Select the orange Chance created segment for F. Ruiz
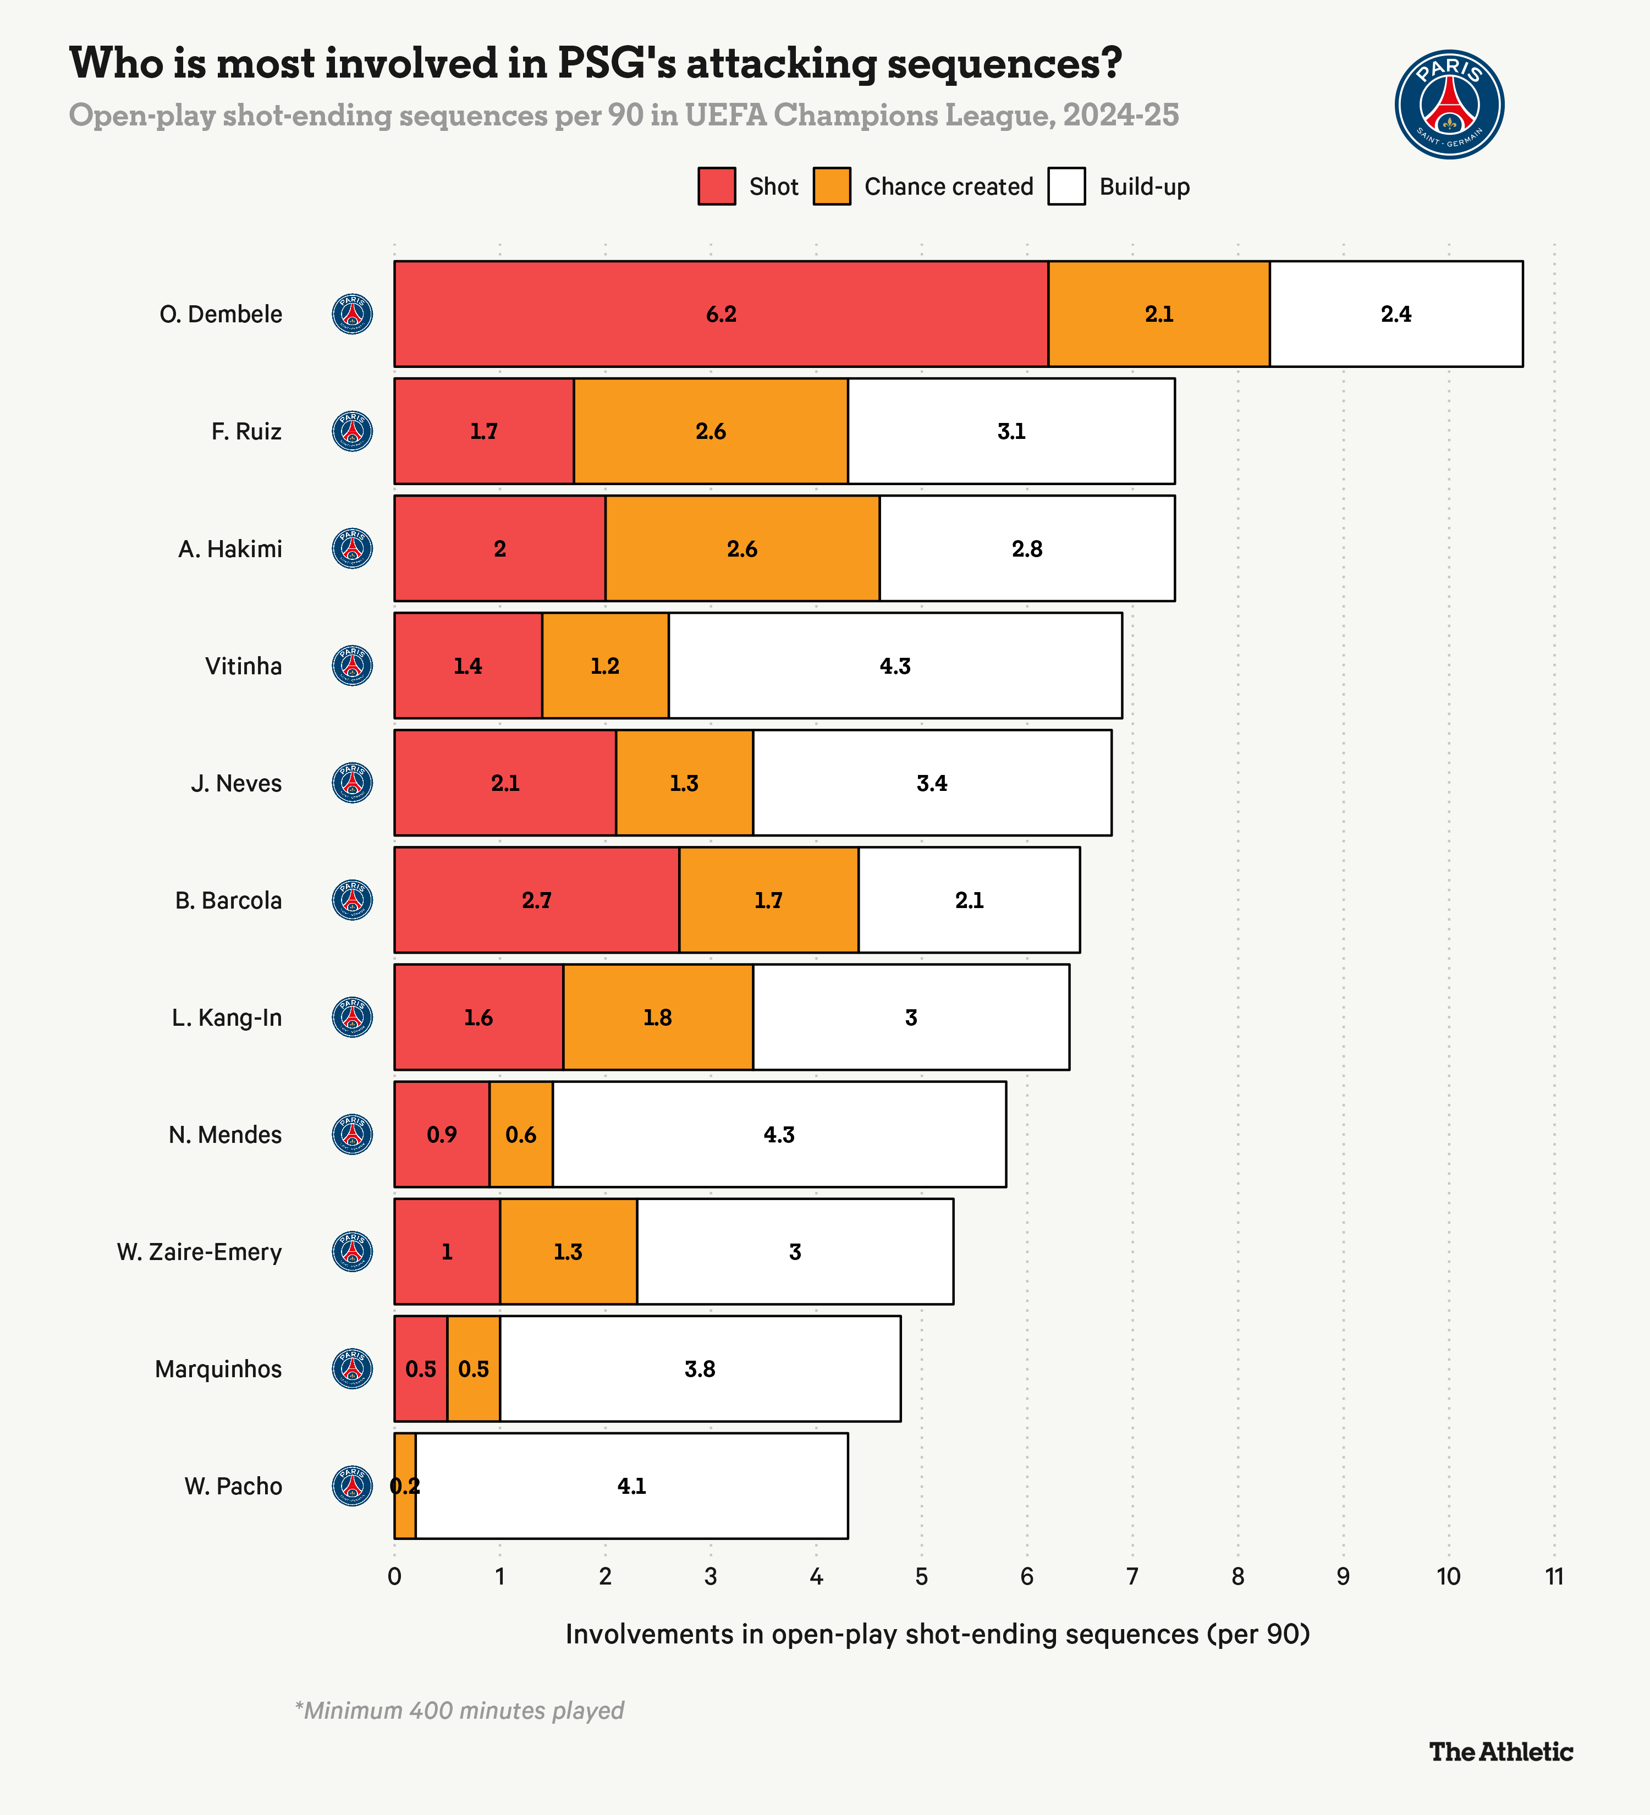[x=710, y=431]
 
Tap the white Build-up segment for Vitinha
[x=895, y=666]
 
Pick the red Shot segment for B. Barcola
[x=536, y=900]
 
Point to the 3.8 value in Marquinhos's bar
[x=700, y=1369]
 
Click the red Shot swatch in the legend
[x=717, y=186]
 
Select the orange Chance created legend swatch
[x=832, y=186]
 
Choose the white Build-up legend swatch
[x=1066, y=186]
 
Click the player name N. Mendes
[x=225, y=1135]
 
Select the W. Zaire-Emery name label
[x=199, y=1252]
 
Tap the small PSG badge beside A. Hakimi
[x=353, y=548]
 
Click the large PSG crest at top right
[x=1449, y=105]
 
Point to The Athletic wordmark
[x=1500, y=1752]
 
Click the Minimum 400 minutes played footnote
[x=459, y=1711]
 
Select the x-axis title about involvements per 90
[x=937, y=1634]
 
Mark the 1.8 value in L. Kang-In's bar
[x=657, y=1018]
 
